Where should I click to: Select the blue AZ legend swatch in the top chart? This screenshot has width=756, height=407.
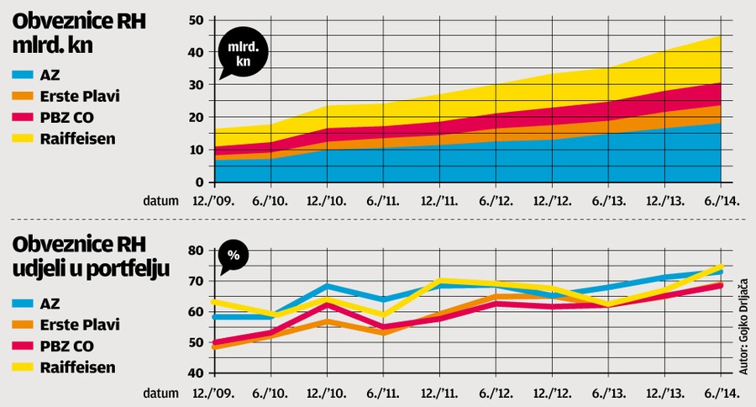(x=22, y=75)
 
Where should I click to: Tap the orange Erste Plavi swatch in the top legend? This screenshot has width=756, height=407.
(x=22, y=96)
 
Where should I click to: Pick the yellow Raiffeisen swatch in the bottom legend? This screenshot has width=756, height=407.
(x=22, y=367)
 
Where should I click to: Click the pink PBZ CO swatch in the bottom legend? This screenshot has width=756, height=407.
(x=22, y=346)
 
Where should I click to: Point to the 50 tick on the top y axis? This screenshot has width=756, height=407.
(x=196, y=20)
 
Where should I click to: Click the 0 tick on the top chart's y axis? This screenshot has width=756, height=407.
(x=200, y=182)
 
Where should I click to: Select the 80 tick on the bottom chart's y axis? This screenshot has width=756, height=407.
(x=196, y=251)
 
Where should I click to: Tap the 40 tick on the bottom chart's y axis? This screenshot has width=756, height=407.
(x=196, y=373)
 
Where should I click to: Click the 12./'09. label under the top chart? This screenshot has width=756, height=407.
(x=215, y=201)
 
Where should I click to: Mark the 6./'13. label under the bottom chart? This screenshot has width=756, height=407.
(x=609, y=392)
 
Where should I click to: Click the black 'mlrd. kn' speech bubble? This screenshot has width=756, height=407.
(x=244, y=54)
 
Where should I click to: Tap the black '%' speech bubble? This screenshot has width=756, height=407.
(x=234, y=256)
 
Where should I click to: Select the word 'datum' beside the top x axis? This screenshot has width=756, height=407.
(x=160, y=201)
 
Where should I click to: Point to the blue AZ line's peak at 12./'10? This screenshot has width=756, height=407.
(x=328, y=286)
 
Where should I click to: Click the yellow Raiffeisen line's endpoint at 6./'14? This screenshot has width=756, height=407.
(x=722, y=266)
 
